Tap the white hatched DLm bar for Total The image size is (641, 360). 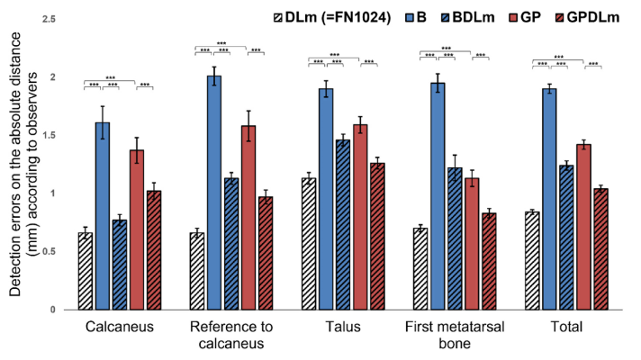click(532, 261)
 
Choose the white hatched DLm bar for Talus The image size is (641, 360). click(309, 244)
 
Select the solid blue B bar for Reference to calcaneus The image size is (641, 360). click(214, 193)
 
